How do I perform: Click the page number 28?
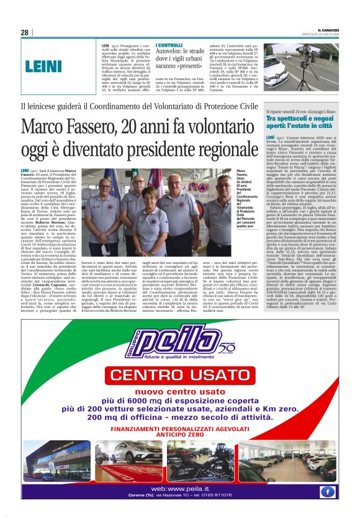[25, 32]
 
